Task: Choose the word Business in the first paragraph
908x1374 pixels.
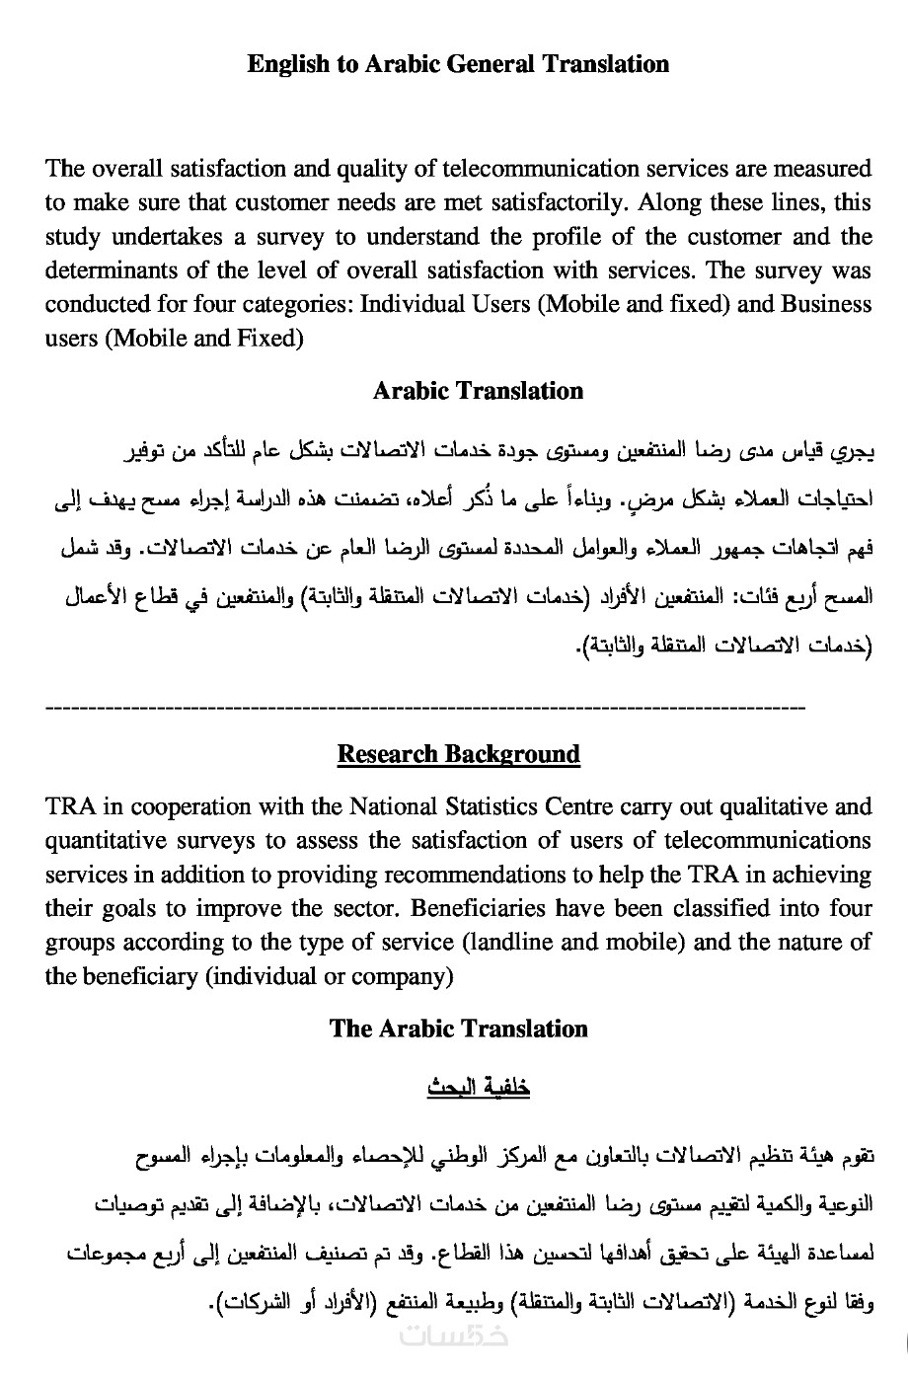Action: (826, 304)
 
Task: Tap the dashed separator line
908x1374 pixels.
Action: (425, 708)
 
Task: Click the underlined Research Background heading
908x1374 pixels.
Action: (458, 754)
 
